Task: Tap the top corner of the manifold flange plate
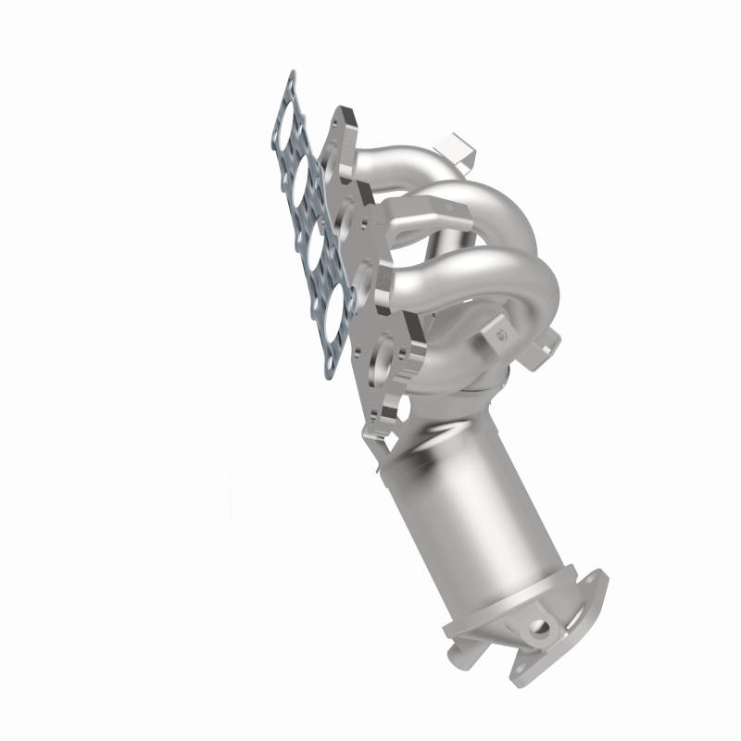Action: coord(338,116)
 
